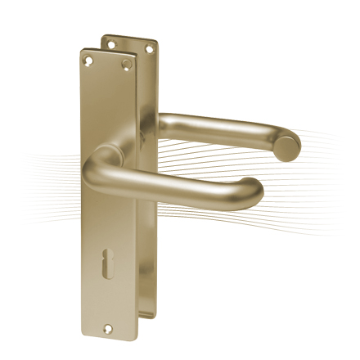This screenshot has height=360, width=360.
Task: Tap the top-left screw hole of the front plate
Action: [x=89, y=58]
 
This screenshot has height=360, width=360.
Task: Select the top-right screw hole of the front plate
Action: [x=126, y=63]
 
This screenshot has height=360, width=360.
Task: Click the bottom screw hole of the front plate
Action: [x=106, y=330]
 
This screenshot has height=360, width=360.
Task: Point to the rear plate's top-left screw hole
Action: [x=109, y=40]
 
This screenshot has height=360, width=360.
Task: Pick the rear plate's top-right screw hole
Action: [x=148, y=48]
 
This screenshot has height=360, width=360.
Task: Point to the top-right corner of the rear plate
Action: [x=157, y=43]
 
